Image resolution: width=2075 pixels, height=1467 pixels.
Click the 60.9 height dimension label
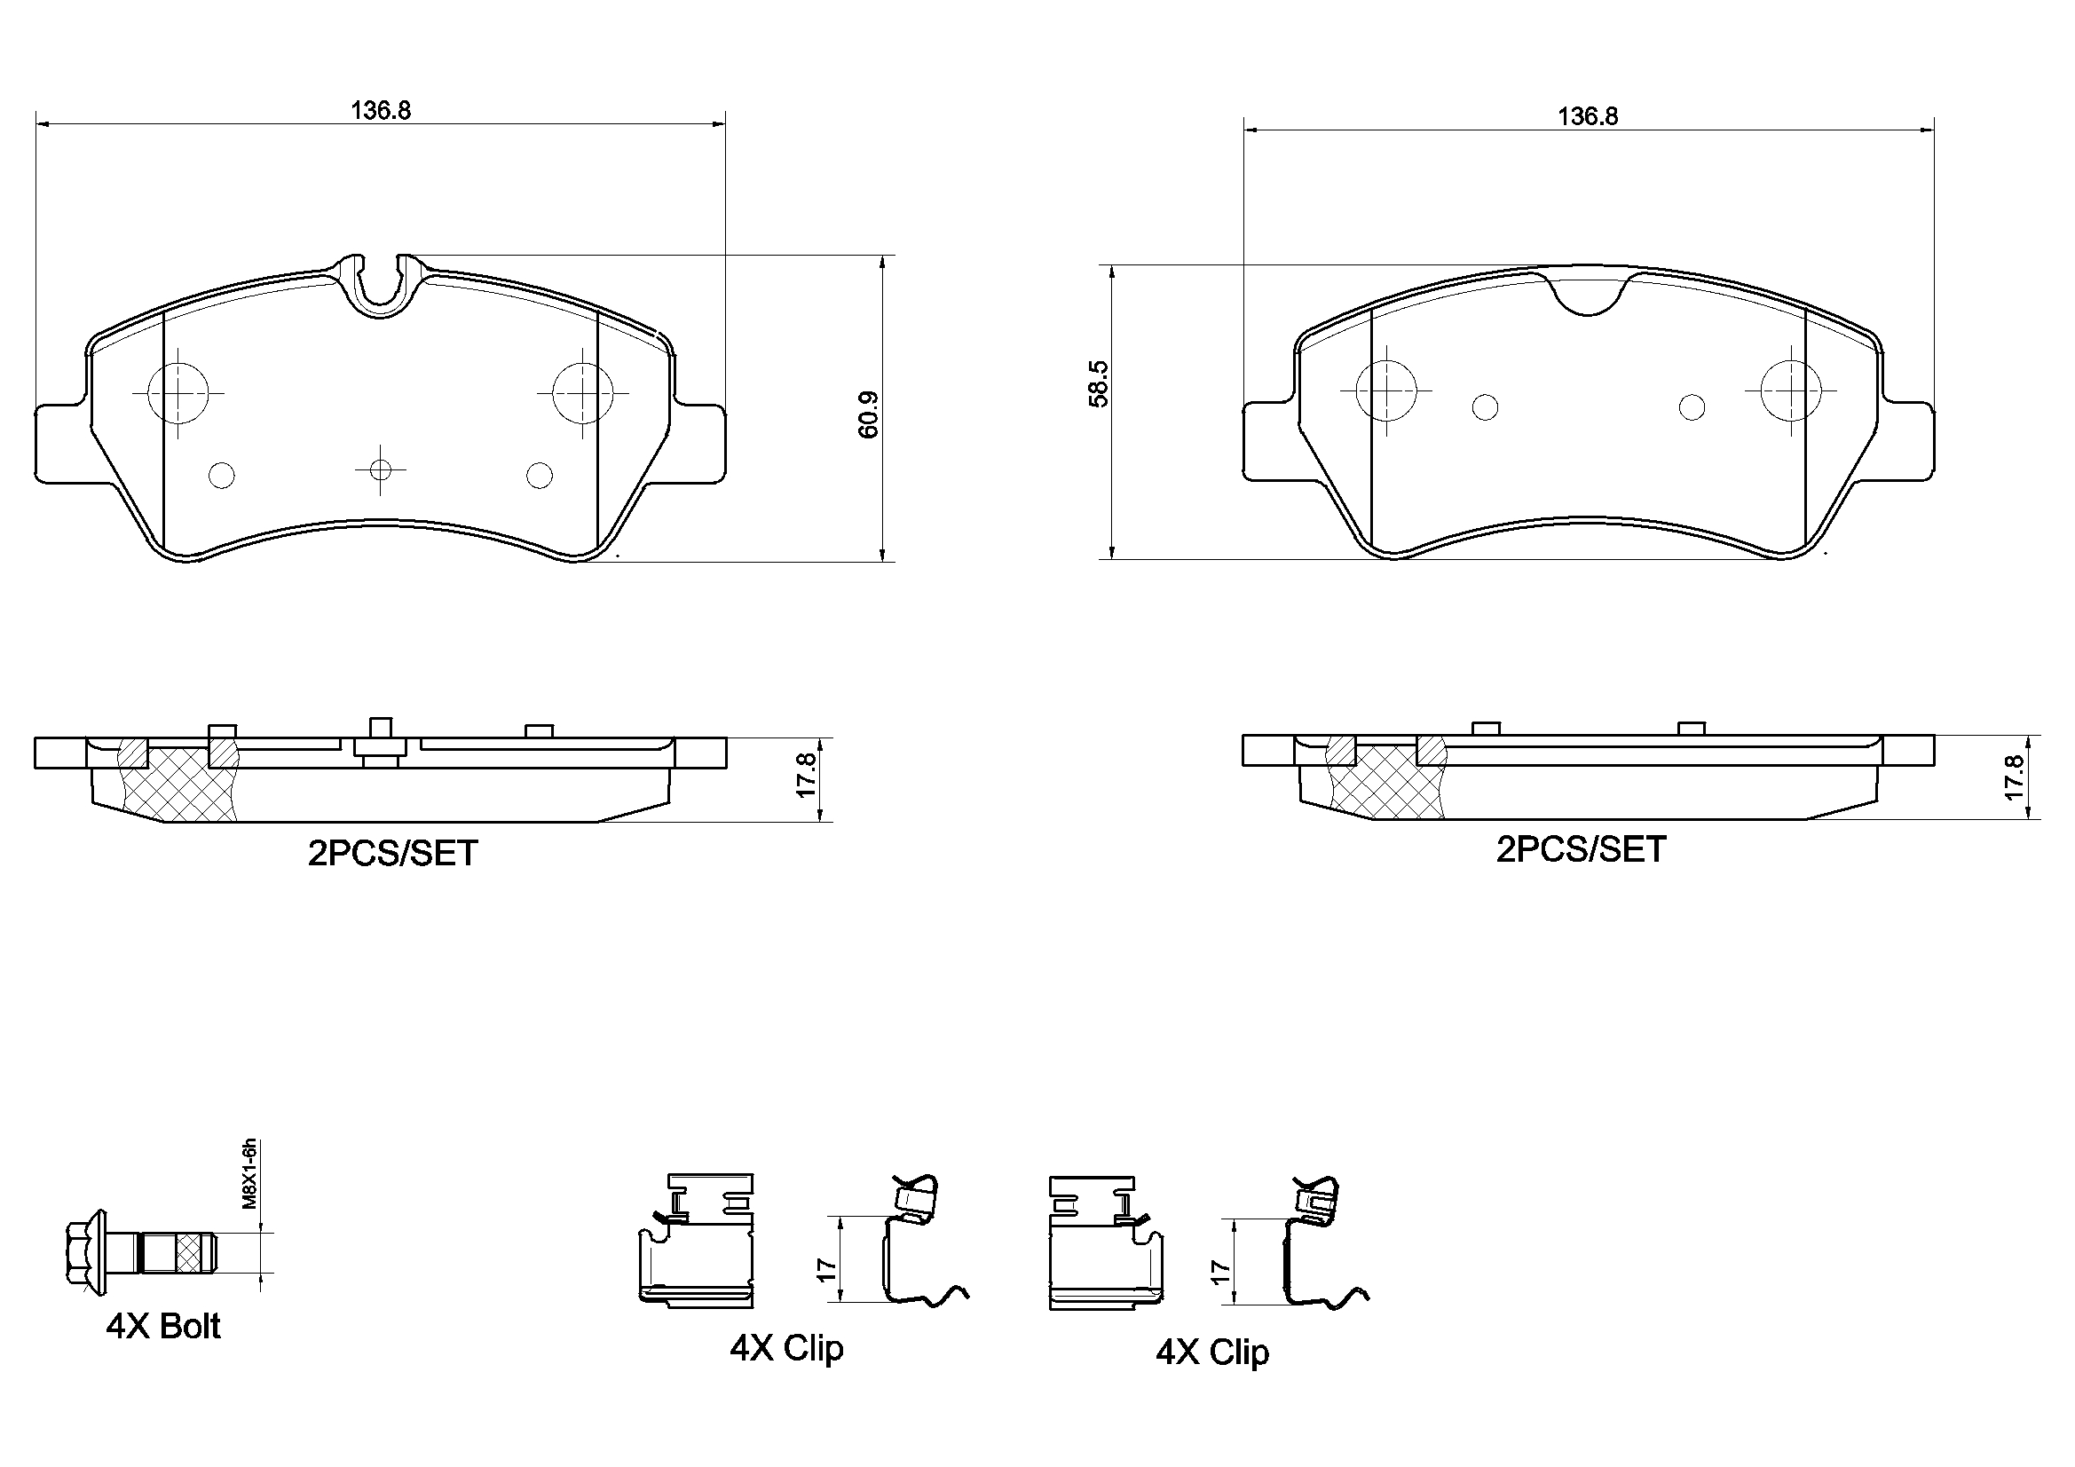(x=869, y=414)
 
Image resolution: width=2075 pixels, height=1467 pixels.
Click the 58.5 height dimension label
(x=1098, y=384)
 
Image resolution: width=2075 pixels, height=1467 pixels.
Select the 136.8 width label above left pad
(x=381, y=110)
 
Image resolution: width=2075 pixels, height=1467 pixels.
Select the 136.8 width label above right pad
(x=1587, y=116)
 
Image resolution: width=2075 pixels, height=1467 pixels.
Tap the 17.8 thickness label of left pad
(x=807, y=775)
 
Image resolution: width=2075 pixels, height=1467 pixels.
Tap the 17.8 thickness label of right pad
(x=2015, y=777)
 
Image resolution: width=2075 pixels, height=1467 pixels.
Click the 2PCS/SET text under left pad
(x=392, y=853)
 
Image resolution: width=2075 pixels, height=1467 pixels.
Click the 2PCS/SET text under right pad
(x=1581, y=849)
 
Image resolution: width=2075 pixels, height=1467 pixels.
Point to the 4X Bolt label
(x=163, y=1326)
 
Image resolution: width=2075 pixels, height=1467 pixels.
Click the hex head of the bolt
(x=87, y=1252)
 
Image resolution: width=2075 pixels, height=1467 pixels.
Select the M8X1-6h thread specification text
(x=250, y=1174)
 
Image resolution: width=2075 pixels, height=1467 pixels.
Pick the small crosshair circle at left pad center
(x=381, y=470)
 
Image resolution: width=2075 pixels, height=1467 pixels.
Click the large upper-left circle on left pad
(x=178, y=392)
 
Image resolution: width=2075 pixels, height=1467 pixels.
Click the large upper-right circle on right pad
(x=1790, y=390)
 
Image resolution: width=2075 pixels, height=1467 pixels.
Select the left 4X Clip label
(x=786, y=1348)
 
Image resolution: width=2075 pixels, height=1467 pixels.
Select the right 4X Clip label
(x=1212, y=1353)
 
